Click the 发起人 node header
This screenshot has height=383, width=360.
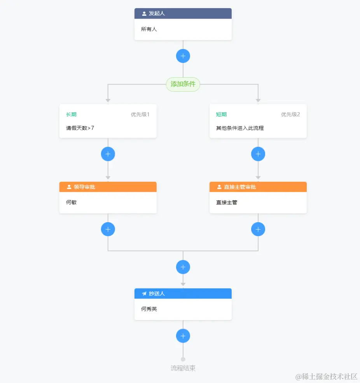tap(183, 14)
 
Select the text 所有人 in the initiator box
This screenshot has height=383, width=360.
tap(149, 29)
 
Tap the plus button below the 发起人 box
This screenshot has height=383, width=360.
tap(183, 56)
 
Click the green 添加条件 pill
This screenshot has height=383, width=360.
tap(183, 84)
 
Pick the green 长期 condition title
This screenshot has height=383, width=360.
tap(71, 115)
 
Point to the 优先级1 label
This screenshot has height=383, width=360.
tap(140, 115)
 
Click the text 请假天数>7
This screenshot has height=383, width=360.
tap(80, 128)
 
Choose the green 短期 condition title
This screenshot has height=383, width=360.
tap(221, 115)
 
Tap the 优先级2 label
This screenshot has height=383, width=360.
tap(290, 115)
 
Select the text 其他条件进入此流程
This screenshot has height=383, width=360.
tap(240, 128)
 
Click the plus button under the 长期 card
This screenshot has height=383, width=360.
tap(108, 154)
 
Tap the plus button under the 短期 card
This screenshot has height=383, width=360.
tap(258, 154)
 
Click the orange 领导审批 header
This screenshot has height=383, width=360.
tap(108, 187)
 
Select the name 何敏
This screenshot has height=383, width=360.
tap(71, 202)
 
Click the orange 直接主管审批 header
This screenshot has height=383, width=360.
tap(258, 187)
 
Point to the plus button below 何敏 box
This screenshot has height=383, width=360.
tap(108, 229)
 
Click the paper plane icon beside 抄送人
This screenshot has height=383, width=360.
tap(144, 294)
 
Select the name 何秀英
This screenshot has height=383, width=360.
tap(149, 309)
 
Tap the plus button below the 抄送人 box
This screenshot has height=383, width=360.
tap(183, 336)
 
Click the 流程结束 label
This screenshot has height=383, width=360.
tap(183, 368)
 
